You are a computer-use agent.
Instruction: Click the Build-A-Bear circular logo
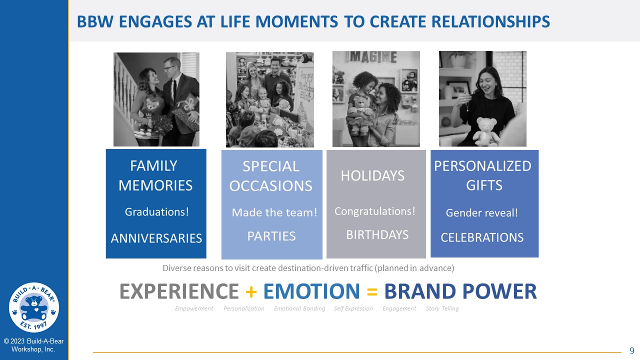[x=34, y=307]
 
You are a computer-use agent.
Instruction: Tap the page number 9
[x=631, y=350]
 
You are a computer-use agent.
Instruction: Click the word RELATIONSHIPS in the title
[x=460, y=21]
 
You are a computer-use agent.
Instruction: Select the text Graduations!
[x=157, y=212]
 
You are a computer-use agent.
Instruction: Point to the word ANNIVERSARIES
[x=156, y=238]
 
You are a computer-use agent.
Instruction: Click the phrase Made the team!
[x=274, y=212]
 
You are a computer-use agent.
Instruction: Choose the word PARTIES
[x=271, y=236]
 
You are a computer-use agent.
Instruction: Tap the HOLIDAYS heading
[x=372, y=175]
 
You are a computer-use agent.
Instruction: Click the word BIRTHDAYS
[x=377, y=235]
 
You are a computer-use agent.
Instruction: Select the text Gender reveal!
[x=481, y=213]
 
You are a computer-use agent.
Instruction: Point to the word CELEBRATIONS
[x=482, y=237]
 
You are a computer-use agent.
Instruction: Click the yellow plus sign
[x=251, y=292]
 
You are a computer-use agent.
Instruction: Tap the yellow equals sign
[x=372, y=292]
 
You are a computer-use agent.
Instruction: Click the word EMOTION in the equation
[x=311, y=291]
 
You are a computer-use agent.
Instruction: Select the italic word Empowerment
[x=194, y=308]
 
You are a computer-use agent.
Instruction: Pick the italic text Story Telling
[x=442, y=308]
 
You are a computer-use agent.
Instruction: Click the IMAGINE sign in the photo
[x=371, y=57]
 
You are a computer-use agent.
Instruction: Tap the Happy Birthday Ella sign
[x=305, y=84]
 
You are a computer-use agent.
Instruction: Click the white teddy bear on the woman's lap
[x=485, y=131]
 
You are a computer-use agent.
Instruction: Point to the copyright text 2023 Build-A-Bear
[x=33, y=341]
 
